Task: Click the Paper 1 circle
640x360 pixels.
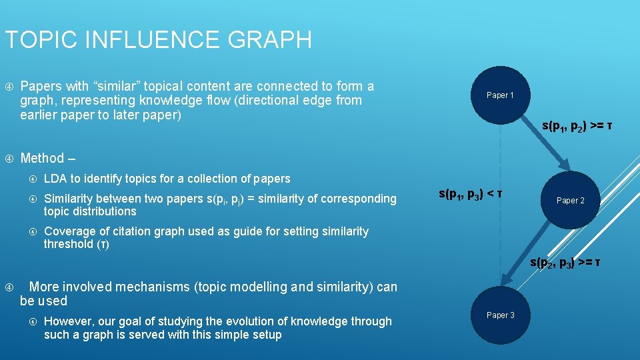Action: tap(500, 95)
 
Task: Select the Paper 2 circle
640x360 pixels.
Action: tap(570, 201)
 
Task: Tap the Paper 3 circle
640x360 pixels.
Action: tap(500, 315)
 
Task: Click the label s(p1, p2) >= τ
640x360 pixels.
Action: tap(577, 126)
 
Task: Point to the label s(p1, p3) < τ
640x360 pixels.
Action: tap(471, 195)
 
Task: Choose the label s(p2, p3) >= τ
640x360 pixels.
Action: tap(565, 263)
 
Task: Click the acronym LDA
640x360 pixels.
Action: tap(55, 179)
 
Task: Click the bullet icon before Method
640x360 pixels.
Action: tap(9, 159)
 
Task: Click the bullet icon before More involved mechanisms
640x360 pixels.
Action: tap(9, 287)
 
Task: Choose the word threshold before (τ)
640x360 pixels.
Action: tap(69, 244)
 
